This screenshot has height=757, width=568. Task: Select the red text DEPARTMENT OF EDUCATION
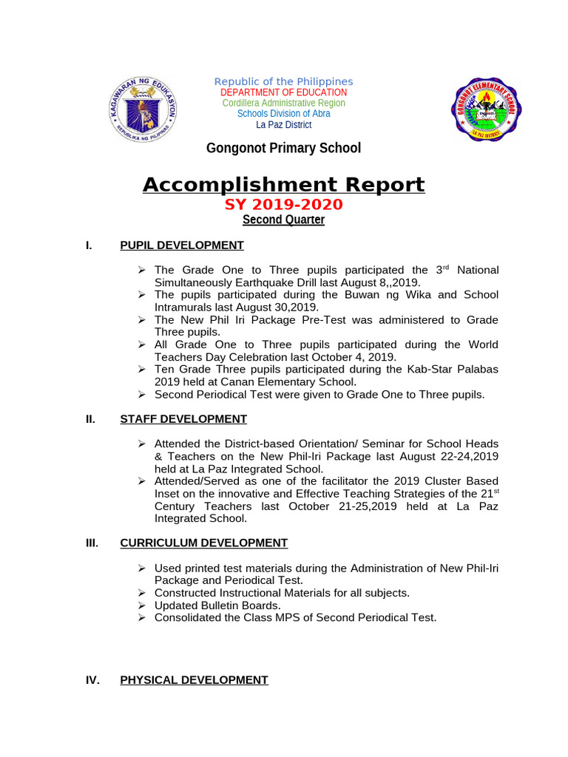283,92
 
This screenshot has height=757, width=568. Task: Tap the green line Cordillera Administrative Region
283,103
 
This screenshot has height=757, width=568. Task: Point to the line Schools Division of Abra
283,113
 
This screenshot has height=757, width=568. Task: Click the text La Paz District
283,124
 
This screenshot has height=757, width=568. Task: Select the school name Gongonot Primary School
283,148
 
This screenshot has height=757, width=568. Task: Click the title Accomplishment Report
283,184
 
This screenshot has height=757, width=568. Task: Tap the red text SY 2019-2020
283,205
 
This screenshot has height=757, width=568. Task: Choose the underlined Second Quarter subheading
283,220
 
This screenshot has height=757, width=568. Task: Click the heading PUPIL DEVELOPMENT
182,245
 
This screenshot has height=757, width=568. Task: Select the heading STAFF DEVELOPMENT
183,419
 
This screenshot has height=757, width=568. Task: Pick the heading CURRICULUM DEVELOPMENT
203,543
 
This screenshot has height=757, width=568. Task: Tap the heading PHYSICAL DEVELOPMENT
194,679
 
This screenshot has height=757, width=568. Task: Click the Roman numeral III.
92,543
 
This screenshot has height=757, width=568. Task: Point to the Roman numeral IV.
92,679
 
